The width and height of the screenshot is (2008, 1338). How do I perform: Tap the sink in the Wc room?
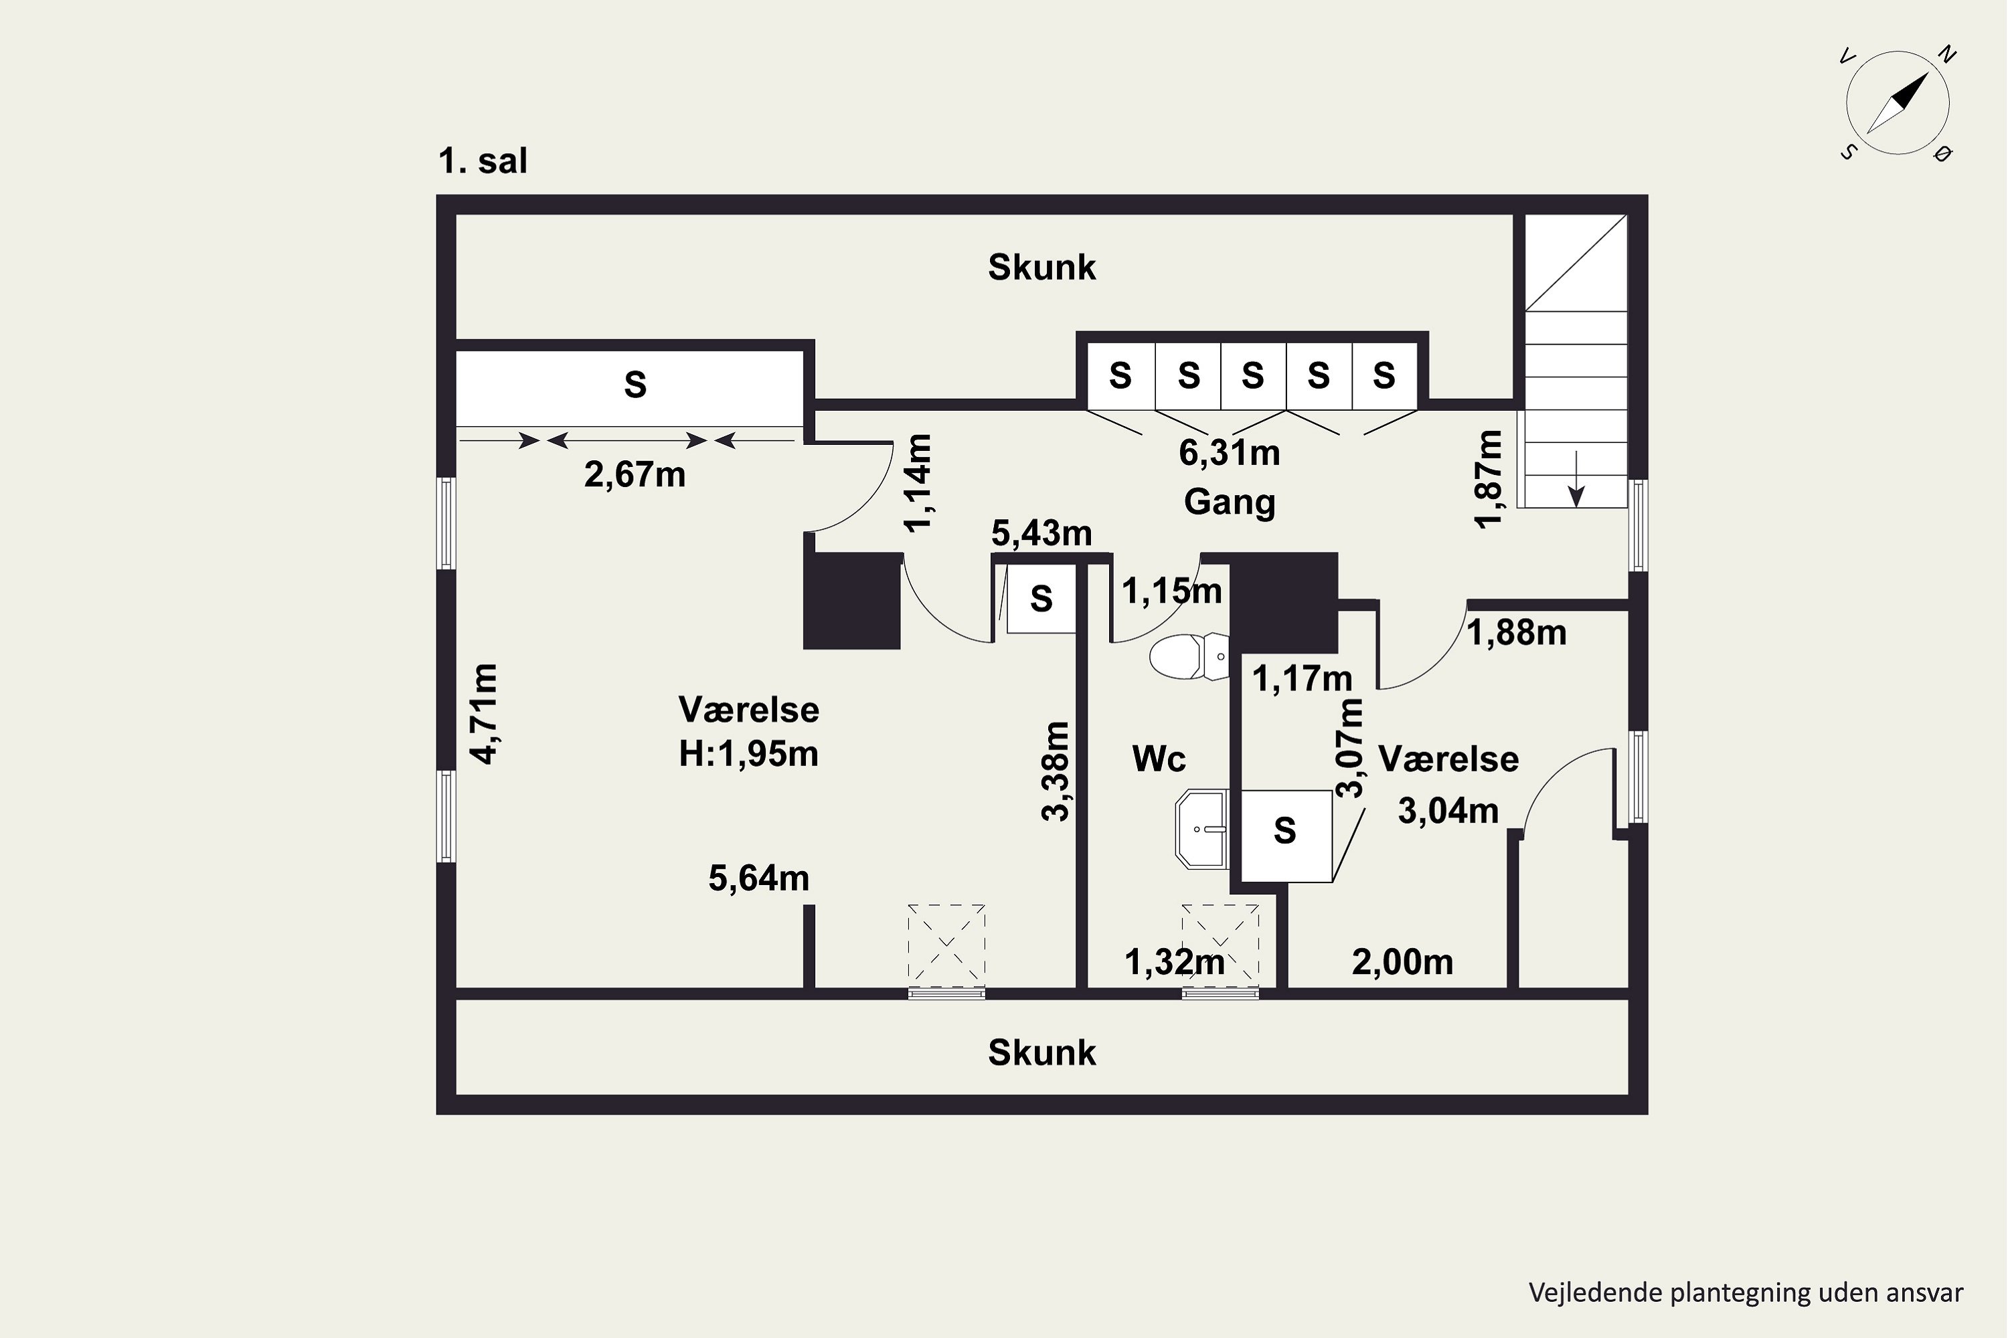click(1202, 828)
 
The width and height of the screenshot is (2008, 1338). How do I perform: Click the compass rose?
click(1897, 103)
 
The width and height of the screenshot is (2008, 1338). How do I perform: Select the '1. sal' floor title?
click(483, 161)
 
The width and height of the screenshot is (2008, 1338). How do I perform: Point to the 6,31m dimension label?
click(1230, 453)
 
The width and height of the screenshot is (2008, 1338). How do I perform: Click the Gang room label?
click(1230, 502)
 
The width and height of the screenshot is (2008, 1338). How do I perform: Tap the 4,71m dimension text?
click(484, 713)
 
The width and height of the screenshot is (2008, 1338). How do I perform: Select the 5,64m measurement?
click(759, 878)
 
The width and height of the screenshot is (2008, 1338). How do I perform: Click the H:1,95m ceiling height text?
click(749, 753)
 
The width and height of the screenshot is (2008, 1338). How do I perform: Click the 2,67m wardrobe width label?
click(635, 474)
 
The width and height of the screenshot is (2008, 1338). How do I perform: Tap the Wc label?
click(1159, 759)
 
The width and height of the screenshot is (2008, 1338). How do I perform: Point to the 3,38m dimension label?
click(1056, 771)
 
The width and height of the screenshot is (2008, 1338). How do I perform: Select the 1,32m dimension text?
click(1175, 963)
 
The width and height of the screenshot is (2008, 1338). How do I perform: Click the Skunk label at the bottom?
click(1041, 1053)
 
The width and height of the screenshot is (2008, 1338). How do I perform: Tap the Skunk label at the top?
click(1041, 267)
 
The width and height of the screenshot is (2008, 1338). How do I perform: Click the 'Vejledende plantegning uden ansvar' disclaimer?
click(1746, 1293)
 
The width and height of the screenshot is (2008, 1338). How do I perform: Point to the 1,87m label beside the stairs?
click(1488, 480)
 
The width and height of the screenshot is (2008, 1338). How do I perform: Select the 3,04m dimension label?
click(1448, 811)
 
